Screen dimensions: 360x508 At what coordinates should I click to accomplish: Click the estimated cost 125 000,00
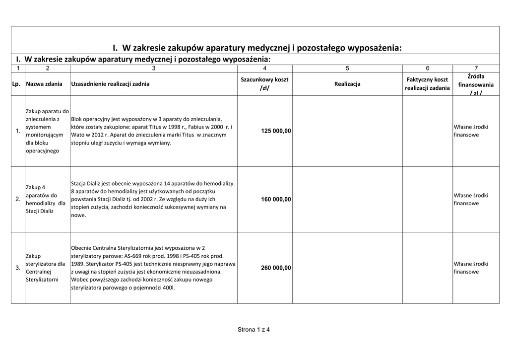[x=276, y=131]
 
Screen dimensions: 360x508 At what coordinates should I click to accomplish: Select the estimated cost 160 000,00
[x=276, y=200]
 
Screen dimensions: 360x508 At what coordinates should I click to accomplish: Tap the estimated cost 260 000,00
[x=276, y=268]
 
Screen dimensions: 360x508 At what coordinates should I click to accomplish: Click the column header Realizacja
[x=347, y=84]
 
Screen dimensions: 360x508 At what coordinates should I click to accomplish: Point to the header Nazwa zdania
[x=45, y=84]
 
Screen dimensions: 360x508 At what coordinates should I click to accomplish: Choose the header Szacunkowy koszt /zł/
[x=264, y=84]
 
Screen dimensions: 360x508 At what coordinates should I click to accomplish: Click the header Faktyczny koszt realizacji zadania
[x=427, y=84]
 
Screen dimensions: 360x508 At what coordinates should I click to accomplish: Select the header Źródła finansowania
[x=476, y=84]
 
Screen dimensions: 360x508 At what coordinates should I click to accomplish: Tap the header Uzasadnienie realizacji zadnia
[x=110, y=84]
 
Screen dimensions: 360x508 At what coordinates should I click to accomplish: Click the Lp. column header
[x=16, y=84]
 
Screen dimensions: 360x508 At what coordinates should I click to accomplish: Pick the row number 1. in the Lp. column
[x=18, y=131]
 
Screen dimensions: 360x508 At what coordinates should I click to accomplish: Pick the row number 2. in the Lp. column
[x=18, y=200]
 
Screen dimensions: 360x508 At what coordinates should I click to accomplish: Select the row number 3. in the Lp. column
[x=18, y=268]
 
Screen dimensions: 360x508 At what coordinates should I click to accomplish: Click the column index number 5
[x=347, y=68]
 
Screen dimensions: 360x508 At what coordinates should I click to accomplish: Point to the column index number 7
[x=476, y=68]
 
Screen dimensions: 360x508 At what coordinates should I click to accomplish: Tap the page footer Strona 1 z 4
[x=254, y=329]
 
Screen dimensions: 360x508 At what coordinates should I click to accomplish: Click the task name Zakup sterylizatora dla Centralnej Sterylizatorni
[x=45, y=268]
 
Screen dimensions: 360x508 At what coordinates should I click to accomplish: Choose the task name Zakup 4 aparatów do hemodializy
[x=45, y=200]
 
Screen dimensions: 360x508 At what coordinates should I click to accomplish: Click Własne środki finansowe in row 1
[x=471, y=131]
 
